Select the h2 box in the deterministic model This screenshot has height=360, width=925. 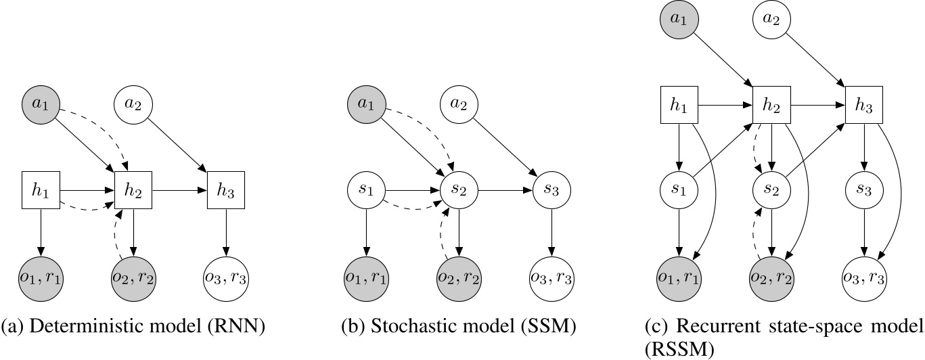134,190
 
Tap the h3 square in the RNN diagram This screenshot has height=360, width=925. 225,190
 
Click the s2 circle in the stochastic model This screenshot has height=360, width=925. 459,190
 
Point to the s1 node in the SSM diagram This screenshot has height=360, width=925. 367,190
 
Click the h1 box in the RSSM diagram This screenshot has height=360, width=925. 678,105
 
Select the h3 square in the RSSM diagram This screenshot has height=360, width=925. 863,105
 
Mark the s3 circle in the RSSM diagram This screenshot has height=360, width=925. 863,190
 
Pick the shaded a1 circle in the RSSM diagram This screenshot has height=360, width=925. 678,20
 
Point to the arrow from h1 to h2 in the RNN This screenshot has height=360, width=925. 87,190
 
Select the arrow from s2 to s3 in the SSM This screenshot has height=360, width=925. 505,190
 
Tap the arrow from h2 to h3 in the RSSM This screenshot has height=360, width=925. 817,105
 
